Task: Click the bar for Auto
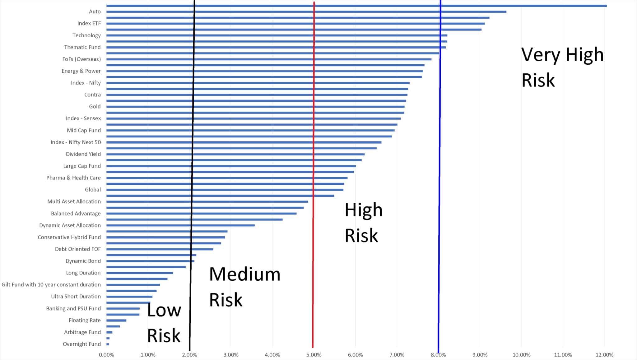tap(306, 12)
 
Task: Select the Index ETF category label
tap(89, 23)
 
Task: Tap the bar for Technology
tap(277, 35)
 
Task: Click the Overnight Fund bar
tap(108, 344)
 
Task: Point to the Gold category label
tap(95, 107)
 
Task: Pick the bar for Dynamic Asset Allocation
tap(180, 225)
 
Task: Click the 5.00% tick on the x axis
tap(314, 355)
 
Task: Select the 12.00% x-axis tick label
tap(604, 355)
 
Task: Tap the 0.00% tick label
tap(106, 355)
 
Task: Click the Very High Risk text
tap(562, 67)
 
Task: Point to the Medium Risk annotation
tap(244, 287)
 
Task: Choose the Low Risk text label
tap(164, 323)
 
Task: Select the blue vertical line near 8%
tap(439, 187)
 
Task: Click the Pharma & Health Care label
tap(73, 178)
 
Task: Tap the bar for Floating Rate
tap(116, 321)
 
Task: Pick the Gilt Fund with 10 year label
tap(51, 285)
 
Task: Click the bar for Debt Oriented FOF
tap(160, 249)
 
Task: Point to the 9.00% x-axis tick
tap(480, 355)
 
